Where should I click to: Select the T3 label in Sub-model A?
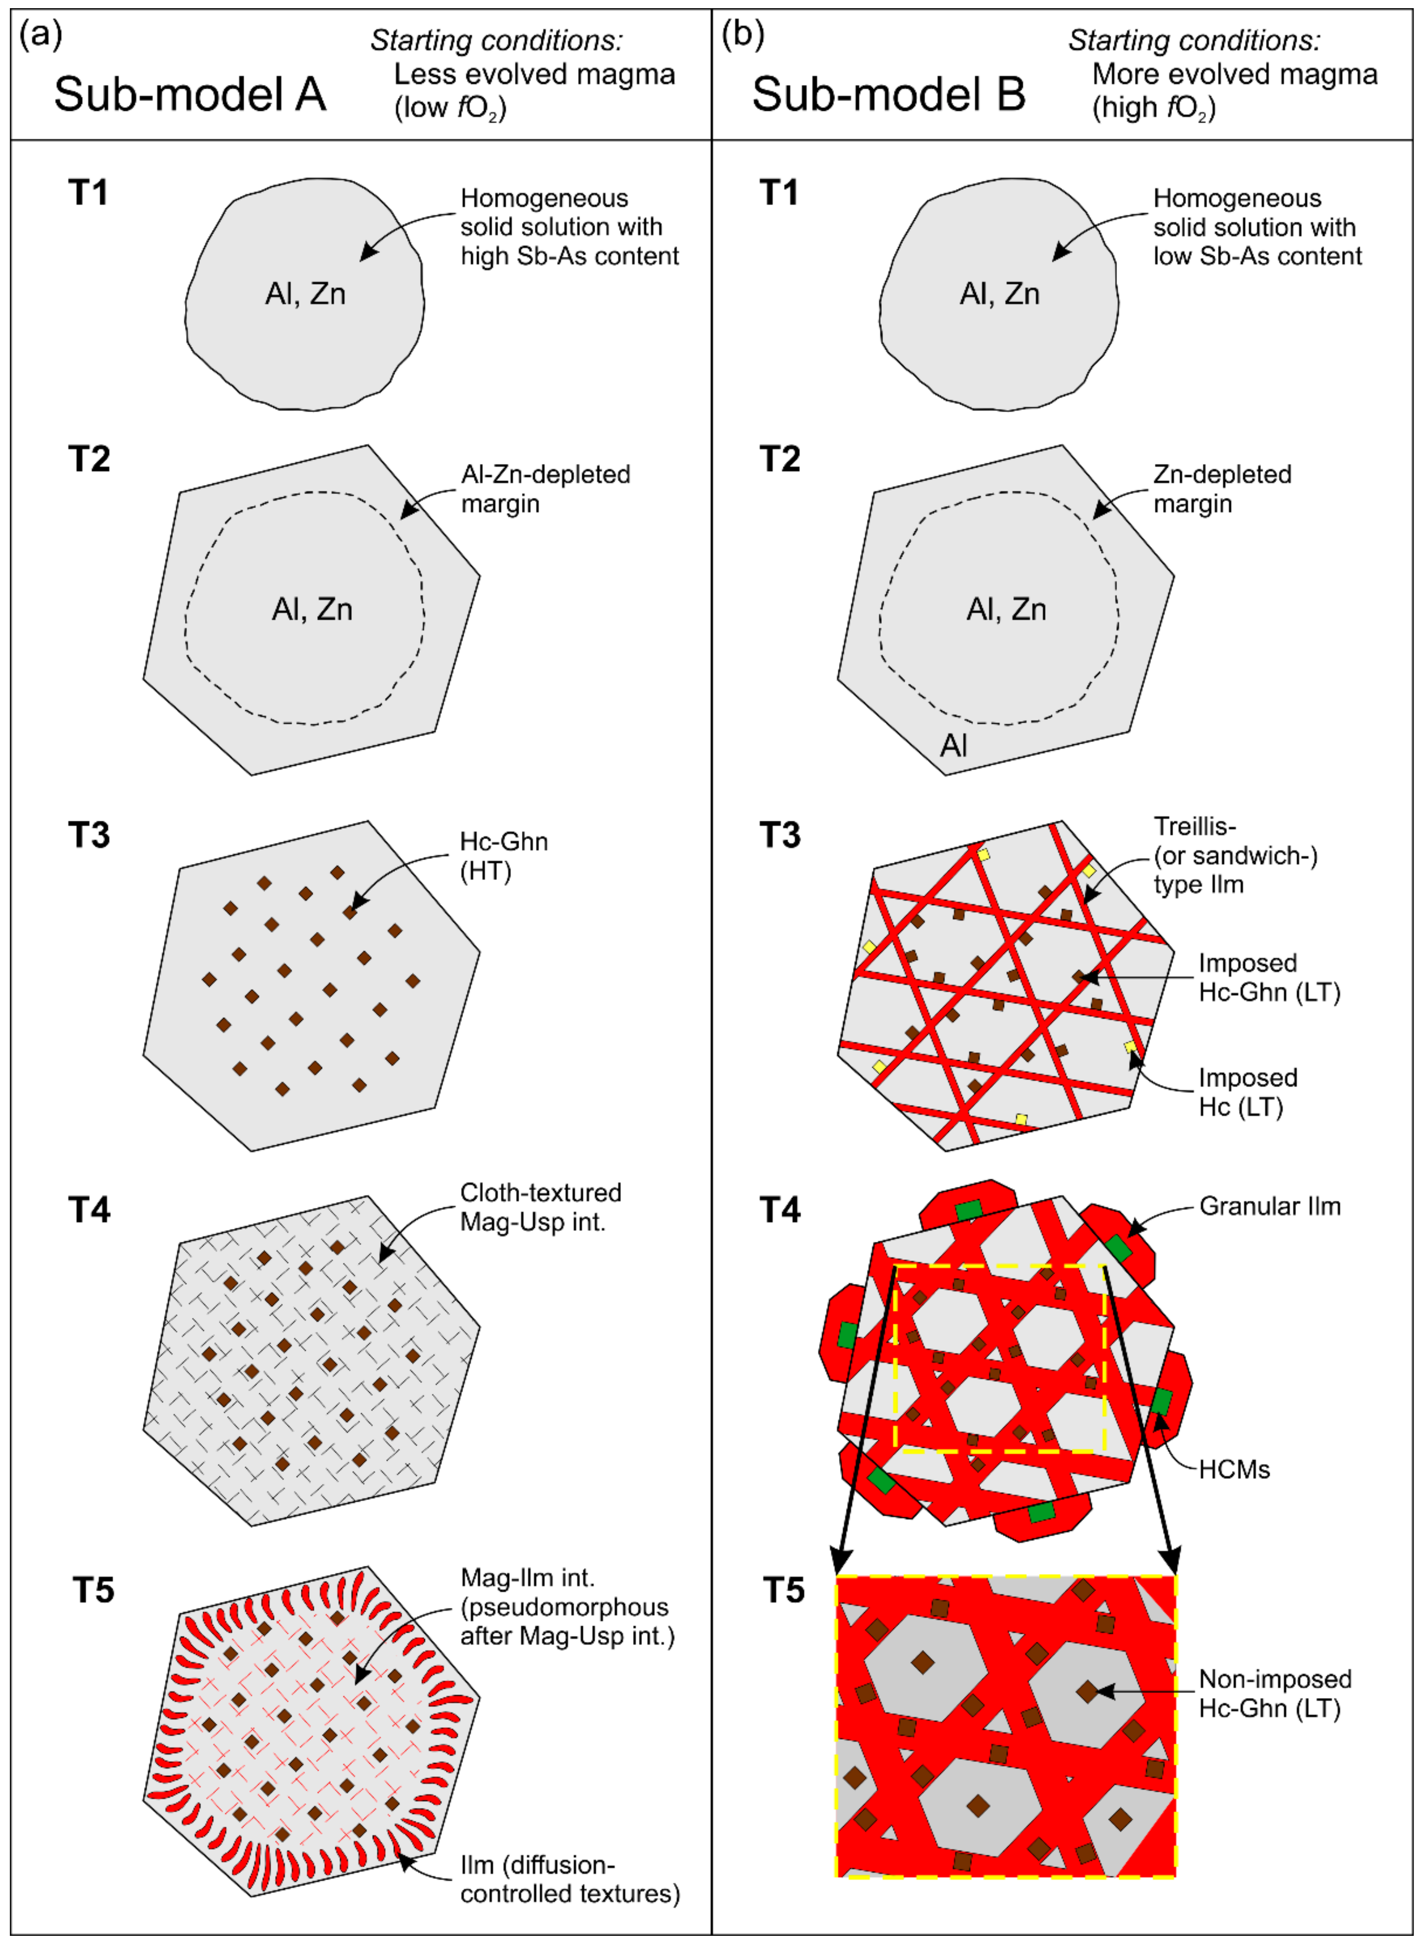90,835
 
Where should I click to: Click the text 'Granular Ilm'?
1270,1206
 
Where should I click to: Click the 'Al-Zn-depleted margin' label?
545,488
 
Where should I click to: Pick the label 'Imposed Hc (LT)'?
1248,1092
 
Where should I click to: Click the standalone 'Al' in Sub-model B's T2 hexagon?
954,745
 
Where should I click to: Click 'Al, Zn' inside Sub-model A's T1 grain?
305,294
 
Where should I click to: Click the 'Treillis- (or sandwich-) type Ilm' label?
1235,855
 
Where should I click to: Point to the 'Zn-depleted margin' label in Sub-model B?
1222,488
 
